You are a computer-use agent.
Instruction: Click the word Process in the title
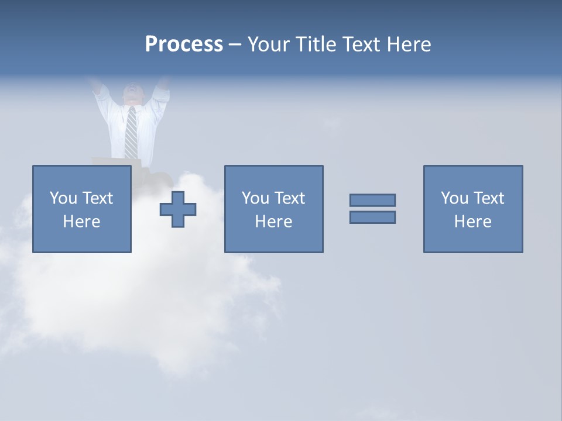click(x=184, y=44)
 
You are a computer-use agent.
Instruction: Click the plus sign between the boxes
click(x=178, y=209)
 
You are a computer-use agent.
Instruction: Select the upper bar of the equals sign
click(x=372, y=200)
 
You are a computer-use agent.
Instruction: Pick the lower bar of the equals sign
click(x=372, y=217)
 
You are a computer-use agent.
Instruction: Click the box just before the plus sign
click(x=81, y=209)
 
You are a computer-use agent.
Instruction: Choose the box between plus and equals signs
click(x=273, y=209)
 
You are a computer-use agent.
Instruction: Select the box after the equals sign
click(x=472, y=209)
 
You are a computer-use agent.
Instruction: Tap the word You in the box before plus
click(x=63, y=198)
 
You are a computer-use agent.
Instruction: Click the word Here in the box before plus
click(x=81, y=222)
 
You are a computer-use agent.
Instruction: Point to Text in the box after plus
click(x=289, y=198)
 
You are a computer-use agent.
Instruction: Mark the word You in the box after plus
click(x=255, y=198)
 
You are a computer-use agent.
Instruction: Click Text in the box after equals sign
click(x=488, y=198)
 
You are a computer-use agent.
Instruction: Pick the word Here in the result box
click(x=472, y=222)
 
